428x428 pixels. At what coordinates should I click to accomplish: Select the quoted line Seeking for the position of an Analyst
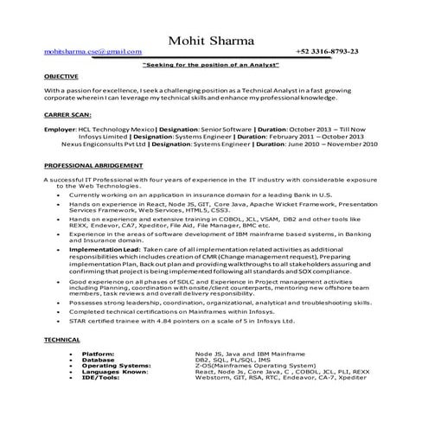[213, 66]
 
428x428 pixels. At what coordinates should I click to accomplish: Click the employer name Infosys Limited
[99, 136]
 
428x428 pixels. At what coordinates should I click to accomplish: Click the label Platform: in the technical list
[98, 354]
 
